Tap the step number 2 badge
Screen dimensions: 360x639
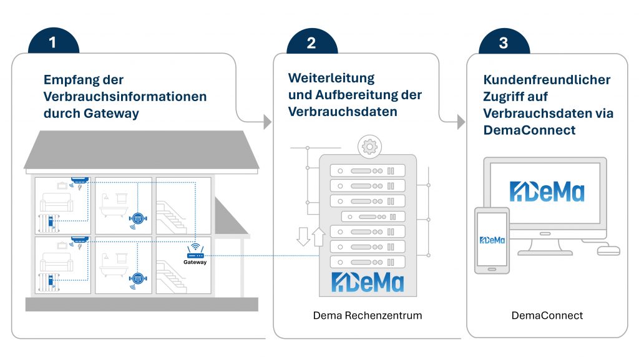(x=311, y=42)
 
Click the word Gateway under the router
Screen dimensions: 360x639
(x=195, y=262)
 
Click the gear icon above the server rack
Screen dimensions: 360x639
(x=368, y=147)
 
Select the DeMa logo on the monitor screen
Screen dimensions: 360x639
(x=547, y=191)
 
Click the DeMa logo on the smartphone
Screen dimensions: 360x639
(x=492, y=239)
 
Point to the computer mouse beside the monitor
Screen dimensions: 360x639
(x=608, y=250)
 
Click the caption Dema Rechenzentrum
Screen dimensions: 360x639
(x=368, y=316)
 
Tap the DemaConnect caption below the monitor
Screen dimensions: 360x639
(x=547, y=316)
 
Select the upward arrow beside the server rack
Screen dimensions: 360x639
(x=318, y=236)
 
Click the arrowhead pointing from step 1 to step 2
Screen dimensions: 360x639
(x=268, y=122)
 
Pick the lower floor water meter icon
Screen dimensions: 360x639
(x=137, y=278)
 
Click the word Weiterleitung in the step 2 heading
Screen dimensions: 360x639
(x=331, y=79)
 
